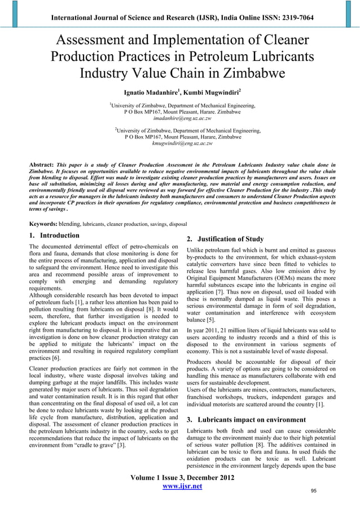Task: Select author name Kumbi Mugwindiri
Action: click(x=212, y=92)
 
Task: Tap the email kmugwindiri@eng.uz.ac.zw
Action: click(x=181, y=143)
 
